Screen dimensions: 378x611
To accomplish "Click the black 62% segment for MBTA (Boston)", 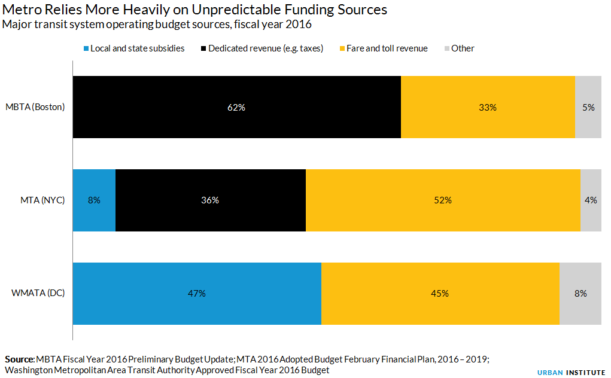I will coord(236,107).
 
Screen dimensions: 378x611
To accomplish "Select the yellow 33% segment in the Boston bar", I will coord(488,107).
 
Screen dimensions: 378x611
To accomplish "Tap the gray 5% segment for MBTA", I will coord(588,107).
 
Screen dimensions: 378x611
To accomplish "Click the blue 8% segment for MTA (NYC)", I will coord(94,200).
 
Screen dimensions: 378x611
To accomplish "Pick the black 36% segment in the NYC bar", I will coord(210,200).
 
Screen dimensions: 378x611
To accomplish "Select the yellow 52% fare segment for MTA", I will coord(443,200).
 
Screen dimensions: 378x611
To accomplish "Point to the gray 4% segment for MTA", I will coord(591,200).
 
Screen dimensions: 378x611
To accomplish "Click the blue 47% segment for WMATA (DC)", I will coord(196,293).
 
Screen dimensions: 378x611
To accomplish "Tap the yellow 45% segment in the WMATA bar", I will coord(440,293).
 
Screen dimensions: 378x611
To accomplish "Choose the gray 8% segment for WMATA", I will coord(580,293).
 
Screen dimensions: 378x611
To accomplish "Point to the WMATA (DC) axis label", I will coord(38,293).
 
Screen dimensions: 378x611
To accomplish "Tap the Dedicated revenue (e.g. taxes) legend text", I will coord(265,48).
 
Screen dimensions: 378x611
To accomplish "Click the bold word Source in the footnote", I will coord(19,359).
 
